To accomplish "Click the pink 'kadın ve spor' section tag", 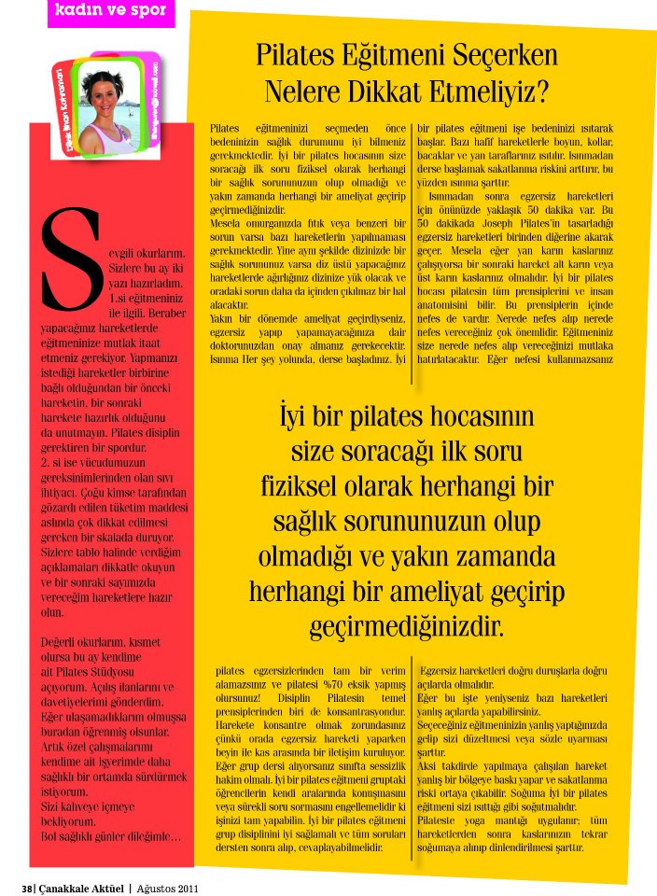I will (x=111, y=12).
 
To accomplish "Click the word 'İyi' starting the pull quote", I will (x=296, y=415).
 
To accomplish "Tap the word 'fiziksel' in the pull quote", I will (x=300, y=486).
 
